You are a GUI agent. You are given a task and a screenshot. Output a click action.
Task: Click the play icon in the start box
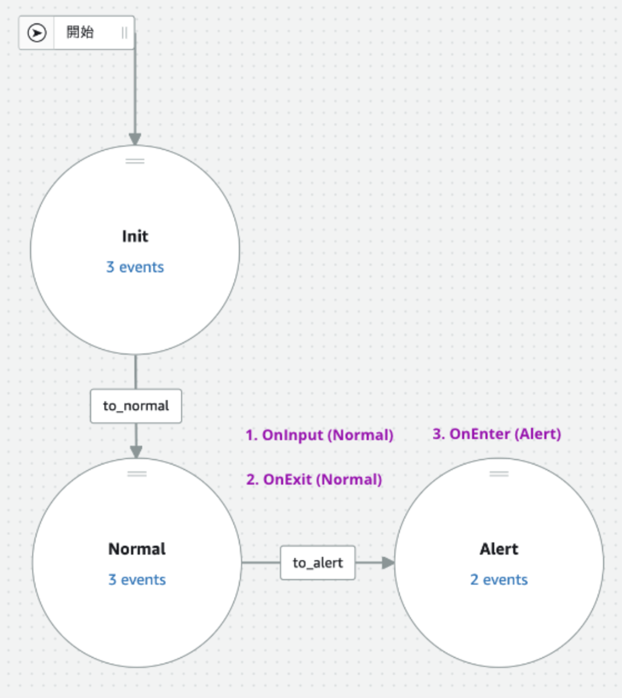(x=37, y=33)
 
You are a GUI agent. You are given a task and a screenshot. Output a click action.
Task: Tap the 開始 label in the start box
(x=80, y=32)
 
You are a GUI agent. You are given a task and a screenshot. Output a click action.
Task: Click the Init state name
(x=135, y=236)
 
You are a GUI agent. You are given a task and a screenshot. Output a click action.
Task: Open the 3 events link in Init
(x=135, y=267)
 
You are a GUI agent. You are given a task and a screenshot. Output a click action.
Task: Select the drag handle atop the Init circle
(x=135, y=161)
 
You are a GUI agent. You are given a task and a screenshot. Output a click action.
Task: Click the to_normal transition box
(x=136, y=406)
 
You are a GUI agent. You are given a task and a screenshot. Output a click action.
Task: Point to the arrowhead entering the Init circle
(x=135, y=139)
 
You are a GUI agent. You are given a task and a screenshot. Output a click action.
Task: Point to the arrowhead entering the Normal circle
(x=136, y=451)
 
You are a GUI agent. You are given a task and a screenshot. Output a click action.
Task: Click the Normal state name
(x=137, y=549)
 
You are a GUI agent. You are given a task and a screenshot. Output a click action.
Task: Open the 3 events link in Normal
(x=137, y=580)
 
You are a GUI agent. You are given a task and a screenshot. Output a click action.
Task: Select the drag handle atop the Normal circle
(x=137, y=474)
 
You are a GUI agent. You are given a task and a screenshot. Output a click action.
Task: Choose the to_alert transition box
(x=318, y=563)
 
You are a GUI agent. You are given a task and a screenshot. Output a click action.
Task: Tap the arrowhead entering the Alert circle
(x=388, y=563)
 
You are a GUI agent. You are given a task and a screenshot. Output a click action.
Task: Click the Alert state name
(x=499, y=549)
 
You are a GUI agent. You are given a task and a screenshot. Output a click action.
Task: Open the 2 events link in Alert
(x=499, y=580)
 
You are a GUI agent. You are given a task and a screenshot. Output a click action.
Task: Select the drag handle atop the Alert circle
(x=499, y=474)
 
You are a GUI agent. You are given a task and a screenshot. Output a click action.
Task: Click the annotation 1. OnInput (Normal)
(x=319, y=435)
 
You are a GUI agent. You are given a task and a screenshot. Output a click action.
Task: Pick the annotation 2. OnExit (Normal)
(x=314, y=480)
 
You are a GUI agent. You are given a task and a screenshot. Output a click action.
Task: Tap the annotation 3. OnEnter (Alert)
(x=496, y=434)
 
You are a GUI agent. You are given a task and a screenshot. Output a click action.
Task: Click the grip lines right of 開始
(x=124, y=33)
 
